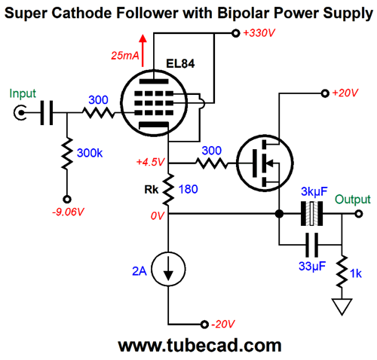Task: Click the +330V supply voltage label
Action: [259, 33]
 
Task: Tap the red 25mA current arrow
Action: [143, 50]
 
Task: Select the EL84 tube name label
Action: [180, 64]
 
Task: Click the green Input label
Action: [23, 94]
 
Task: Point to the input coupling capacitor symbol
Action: [47, 113]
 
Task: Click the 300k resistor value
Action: [90, 153]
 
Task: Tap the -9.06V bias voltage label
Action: [68, 212]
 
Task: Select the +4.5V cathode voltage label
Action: [150, 162]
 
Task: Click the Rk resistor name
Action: [152, 190]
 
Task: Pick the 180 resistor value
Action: [188, 189]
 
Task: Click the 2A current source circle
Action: [169, 269]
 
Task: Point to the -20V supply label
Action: [223, 324]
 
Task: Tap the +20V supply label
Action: [345, 93]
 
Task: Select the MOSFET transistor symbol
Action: [265, 163]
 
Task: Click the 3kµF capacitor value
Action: [314, 192]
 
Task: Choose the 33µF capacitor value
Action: [312, 266]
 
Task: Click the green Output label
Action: [353, 200]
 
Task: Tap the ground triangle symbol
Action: [342, 307]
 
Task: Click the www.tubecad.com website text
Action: [200, 346]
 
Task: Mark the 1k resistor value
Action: [356, 273]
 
